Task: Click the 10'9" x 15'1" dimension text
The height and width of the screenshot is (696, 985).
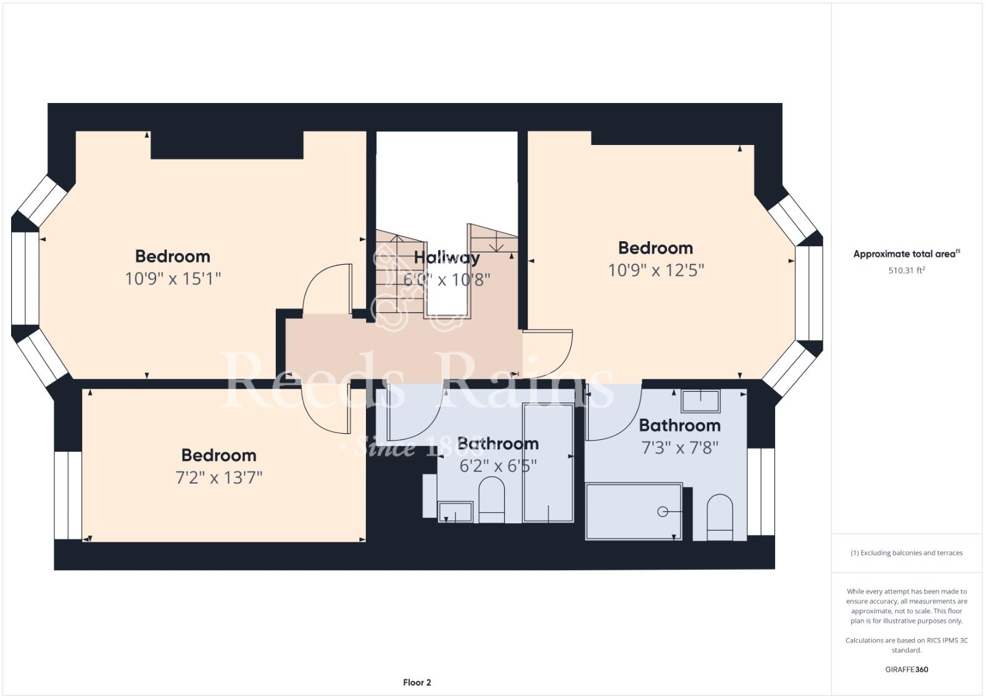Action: coord(173,279)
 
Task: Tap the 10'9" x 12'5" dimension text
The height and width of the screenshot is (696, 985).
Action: coord(655,270)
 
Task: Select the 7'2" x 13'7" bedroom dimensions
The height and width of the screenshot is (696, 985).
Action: coord(218,478)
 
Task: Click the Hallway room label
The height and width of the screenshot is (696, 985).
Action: coord(446,257)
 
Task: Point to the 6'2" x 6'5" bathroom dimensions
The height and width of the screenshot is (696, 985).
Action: coord(497,466)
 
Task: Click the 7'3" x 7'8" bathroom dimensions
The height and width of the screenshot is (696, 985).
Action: coord(680,447)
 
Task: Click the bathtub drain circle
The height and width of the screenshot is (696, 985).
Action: coord(663,512)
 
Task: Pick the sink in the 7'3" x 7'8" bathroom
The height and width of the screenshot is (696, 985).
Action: coord(700,401)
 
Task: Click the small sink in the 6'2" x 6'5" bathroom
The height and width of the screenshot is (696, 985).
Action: coord(455,512)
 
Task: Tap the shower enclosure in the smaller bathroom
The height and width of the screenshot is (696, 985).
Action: coord(548,463)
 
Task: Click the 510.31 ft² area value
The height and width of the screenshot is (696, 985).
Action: coord(906,270)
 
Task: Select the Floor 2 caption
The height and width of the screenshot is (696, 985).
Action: coord(417,682)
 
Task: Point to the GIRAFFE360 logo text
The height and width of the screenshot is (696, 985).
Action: coord(906,669)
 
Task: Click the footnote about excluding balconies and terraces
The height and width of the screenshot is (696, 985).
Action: coord(906,553)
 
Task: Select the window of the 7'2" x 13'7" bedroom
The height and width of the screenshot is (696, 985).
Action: coord(68,495)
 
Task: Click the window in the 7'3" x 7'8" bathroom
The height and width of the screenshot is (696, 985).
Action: coord(760,492)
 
